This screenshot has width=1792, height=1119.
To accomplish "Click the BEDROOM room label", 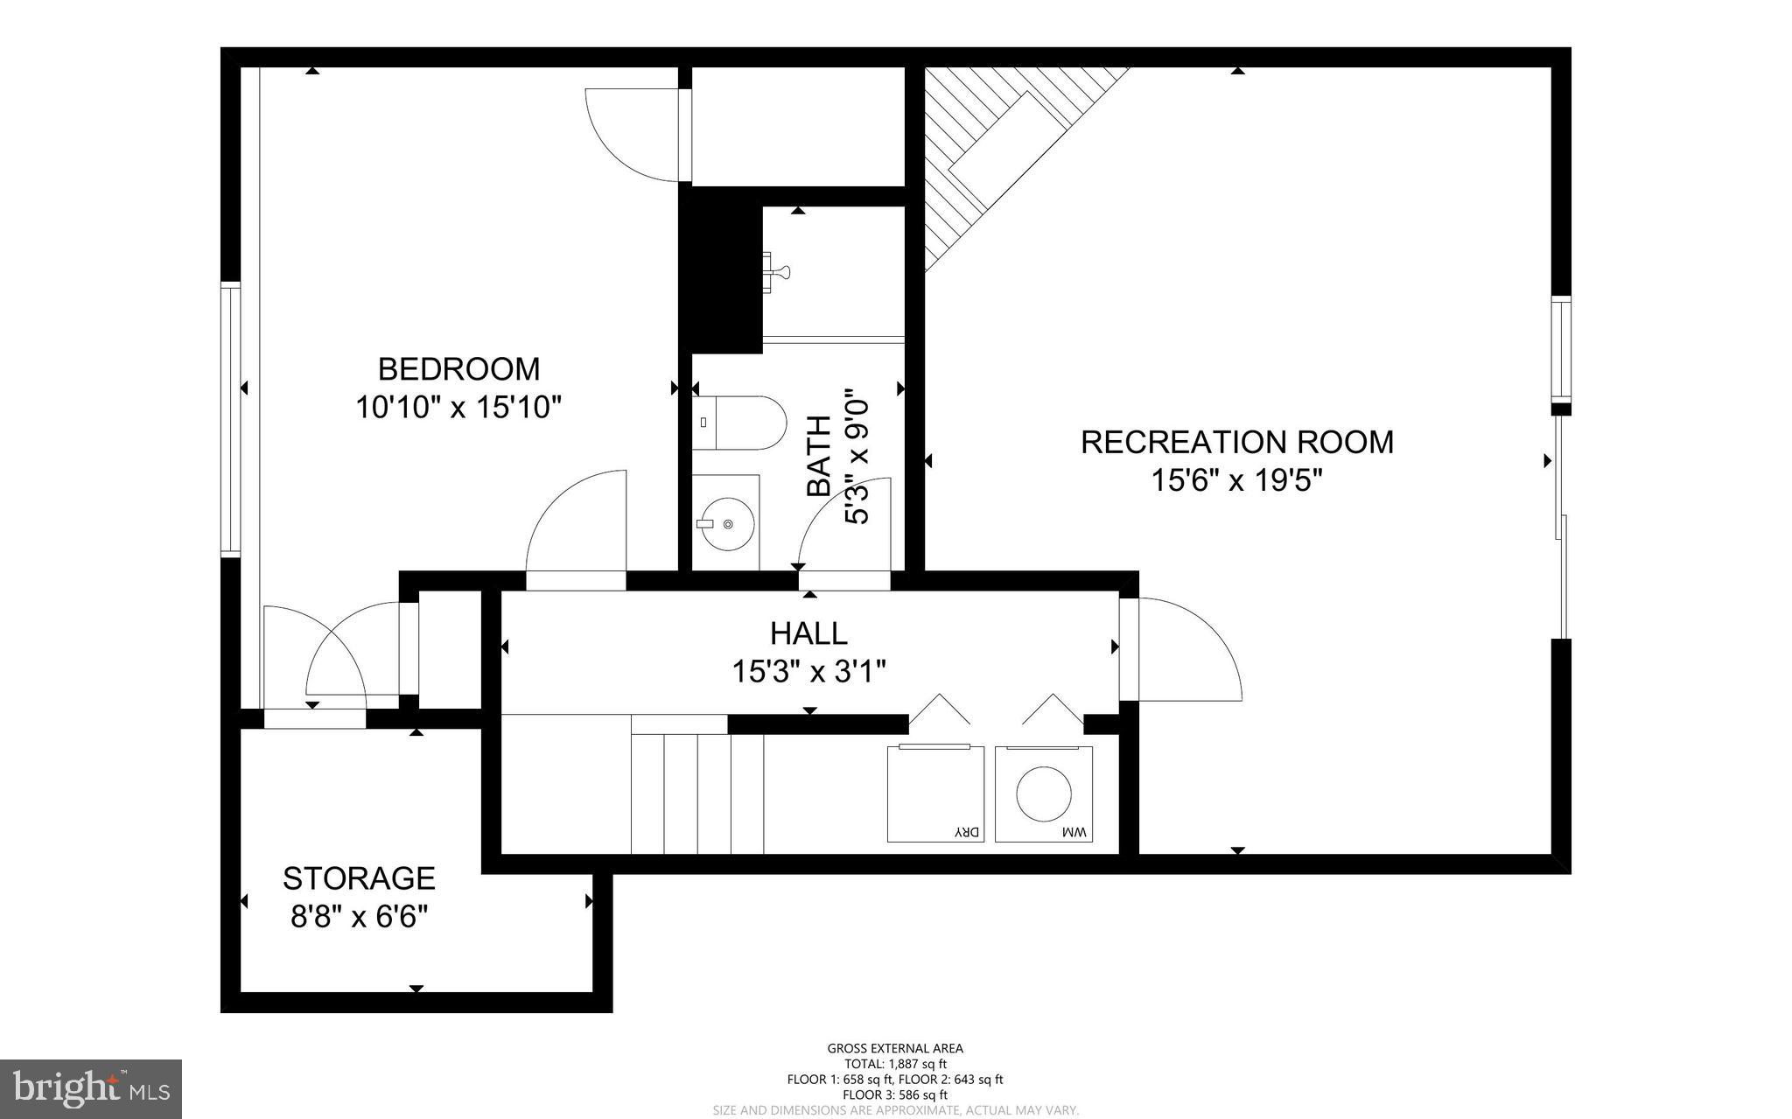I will [458, 369].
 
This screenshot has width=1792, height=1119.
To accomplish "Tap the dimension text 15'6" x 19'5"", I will [1236, 480].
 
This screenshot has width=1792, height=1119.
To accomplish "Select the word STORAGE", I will [359, 878].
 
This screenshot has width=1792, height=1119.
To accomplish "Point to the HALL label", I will [808, 633].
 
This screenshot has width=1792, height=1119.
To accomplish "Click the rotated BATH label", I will [819, 457].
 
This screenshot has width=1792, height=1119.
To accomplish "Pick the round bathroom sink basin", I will [728, 524].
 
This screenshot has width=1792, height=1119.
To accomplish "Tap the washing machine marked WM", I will [1044, 794].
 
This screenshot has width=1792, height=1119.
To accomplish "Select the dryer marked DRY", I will [935, 794].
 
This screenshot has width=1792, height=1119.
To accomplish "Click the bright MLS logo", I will [91, 1088].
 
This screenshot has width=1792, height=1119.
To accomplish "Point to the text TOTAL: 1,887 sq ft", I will [895, 1064].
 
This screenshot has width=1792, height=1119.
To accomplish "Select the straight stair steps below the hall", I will [697, 793].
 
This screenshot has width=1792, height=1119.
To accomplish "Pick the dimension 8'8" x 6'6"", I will [359, 917].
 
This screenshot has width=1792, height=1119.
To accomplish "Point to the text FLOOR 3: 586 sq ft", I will [895, 1095].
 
